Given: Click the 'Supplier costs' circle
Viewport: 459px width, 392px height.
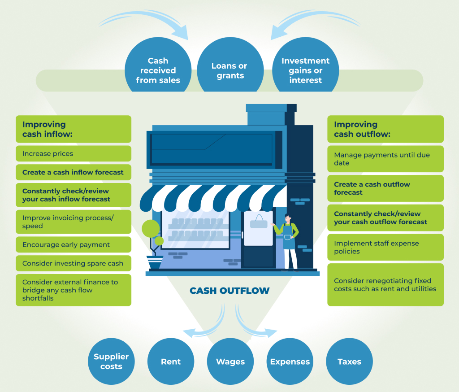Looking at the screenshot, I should pos(111,362).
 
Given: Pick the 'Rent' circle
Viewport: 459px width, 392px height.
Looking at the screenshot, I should pos(171,362).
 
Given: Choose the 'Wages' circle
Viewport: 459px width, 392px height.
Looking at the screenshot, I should pos(230,362).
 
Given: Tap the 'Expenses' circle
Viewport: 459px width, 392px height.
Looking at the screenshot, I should pos(290,362).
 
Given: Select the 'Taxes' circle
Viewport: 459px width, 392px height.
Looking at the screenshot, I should pos(349,362).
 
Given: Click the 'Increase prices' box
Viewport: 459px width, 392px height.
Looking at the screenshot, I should pos(74,153).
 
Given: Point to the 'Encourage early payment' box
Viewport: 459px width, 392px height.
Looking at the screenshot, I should pos(74,244).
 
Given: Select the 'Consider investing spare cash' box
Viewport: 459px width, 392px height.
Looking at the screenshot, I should pos(74,263).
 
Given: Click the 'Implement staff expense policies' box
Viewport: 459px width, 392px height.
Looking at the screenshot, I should pos(385,247).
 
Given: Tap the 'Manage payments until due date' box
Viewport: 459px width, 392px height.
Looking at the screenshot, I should pos(385,159).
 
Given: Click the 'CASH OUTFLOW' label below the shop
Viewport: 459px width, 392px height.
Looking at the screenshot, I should pos(229,291).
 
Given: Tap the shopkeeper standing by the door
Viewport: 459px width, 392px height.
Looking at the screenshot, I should pos(288,242).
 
